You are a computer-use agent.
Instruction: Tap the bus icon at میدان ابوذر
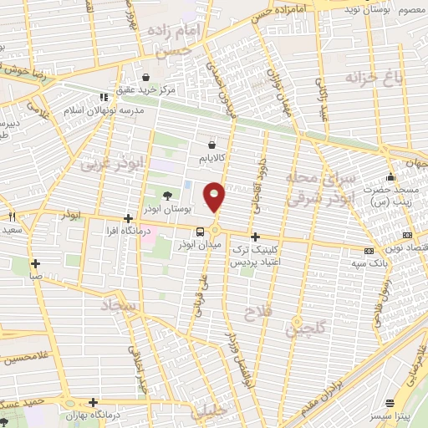tap(200, 232)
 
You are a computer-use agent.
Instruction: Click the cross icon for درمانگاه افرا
tap(127, 218)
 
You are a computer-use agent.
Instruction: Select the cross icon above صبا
tap(35, 263)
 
